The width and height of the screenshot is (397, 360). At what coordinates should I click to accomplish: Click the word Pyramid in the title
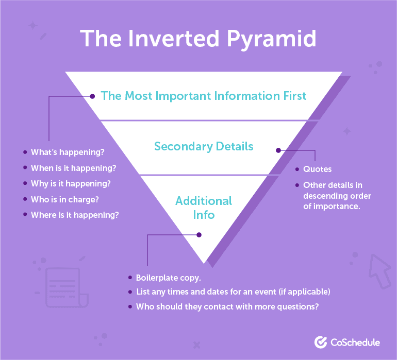tap(271, 39)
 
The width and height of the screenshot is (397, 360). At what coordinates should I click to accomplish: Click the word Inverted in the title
tap(174, 39)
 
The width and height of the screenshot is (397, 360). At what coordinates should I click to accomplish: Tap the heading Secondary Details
tap(204, 146)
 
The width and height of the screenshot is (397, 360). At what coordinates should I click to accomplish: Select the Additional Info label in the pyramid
tap(204, 208)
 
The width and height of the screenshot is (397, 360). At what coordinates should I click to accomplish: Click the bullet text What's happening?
tap(68, 152)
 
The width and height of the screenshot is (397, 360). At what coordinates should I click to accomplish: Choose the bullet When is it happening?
tap(73, 168)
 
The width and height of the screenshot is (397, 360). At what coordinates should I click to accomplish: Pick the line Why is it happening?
tap(71, 184)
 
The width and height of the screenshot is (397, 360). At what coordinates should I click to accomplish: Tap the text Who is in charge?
tap(65, 200)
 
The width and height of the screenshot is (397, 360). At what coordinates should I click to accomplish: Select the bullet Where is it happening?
tap(75, 215)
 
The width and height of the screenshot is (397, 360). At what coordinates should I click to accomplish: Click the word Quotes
tap(317, 169)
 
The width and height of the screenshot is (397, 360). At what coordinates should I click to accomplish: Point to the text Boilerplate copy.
tap(169, 278)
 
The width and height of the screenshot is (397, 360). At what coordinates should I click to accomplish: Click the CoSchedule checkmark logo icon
tap(321, 342)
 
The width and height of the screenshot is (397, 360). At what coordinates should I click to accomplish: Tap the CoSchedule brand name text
tap(355, 342)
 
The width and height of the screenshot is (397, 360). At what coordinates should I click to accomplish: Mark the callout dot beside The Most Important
tap(92, 96)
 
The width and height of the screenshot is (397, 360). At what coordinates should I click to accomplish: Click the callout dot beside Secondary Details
tap(278, 150)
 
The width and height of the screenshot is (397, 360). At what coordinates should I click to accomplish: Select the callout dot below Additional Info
tap(199, 235)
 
